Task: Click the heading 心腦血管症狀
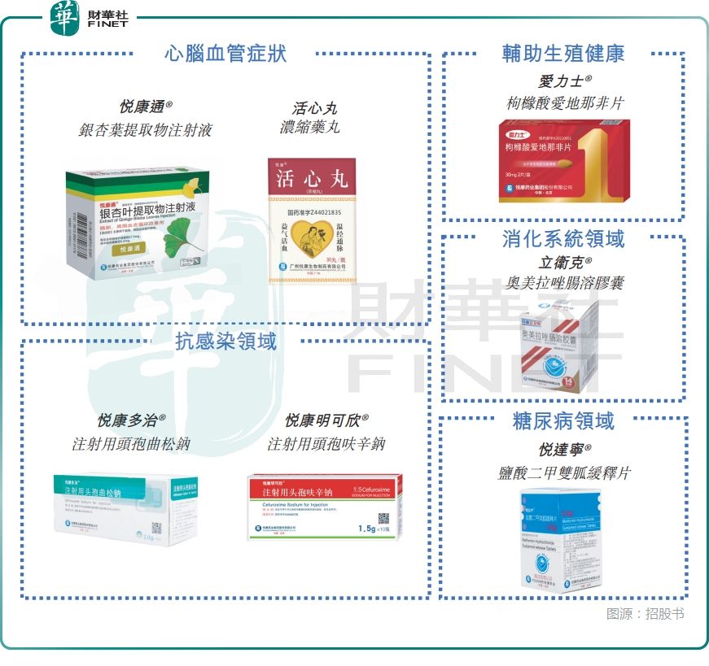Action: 225,54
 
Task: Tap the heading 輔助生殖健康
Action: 563,54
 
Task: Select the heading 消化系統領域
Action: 563,238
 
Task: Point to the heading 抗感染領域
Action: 225,341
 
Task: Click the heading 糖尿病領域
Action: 563,421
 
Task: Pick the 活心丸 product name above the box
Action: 314,108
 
